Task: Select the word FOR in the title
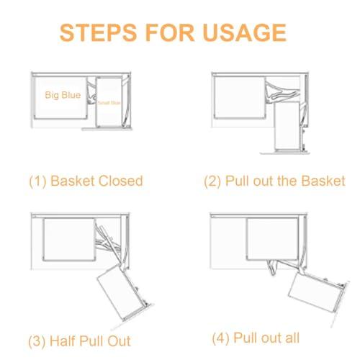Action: (166, 32)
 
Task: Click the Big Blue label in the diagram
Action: (62, 95)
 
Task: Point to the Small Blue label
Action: (110, 102)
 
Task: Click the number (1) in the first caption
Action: (37, 181)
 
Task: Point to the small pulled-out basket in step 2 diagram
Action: (289, 127)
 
